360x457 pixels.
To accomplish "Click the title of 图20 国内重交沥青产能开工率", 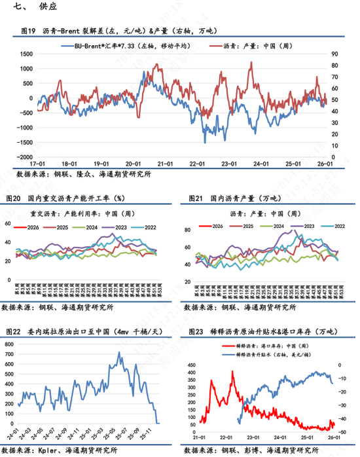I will (x=65, y=197).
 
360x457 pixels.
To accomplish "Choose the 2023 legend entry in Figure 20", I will (x=120, y=227).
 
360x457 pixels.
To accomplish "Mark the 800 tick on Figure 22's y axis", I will (x=10, y=344).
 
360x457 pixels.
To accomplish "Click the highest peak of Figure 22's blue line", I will (x=118, y=353).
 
